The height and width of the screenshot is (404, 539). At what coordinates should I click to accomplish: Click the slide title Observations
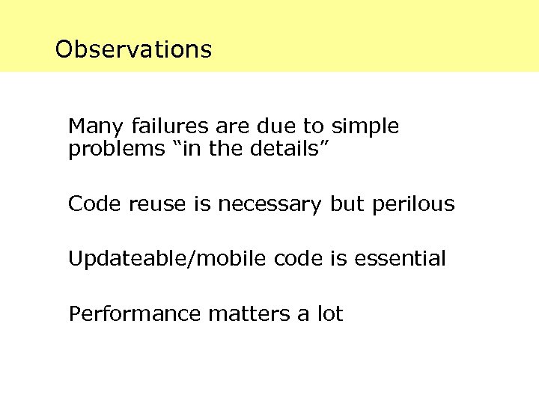[x=133, y=49]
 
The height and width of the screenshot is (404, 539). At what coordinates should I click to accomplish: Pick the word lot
[x=329, y=314]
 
